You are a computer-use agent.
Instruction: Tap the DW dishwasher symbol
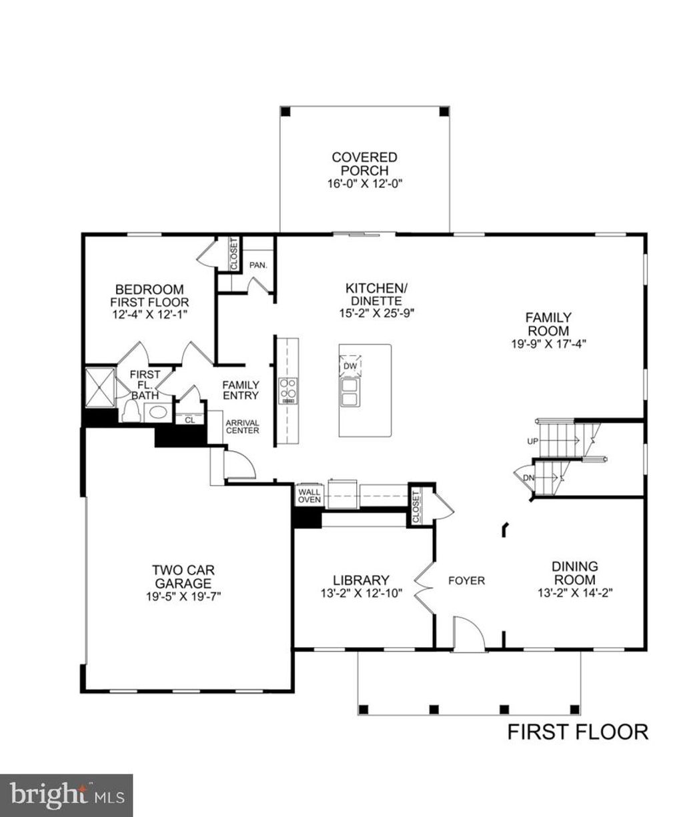(350, 365)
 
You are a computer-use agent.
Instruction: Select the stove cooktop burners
(288, 391)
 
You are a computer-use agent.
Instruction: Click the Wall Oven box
(309, 496)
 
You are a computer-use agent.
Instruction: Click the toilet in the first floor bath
(131, 411)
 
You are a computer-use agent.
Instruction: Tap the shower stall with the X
(100, 387)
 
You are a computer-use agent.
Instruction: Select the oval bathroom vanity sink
(158, 412)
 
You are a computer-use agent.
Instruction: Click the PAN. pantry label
(258, 265)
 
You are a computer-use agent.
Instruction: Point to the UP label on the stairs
(533, 441)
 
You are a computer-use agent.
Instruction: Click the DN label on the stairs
(529, 477)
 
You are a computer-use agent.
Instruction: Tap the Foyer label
(466, 580)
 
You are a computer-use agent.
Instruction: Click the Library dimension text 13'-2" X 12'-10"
(362, 594)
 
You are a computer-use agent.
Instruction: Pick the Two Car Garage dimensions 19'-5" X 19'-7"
(183, 596)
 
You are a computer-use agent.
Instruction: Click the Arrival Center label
(242, 426)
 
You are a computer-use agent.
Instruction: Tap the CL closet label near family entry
(190, 420)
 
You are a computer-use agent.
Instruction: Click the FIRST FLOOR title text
(578, 732)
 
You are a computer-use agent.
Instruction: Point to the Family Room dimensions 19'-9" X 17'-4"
(548, 344)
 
